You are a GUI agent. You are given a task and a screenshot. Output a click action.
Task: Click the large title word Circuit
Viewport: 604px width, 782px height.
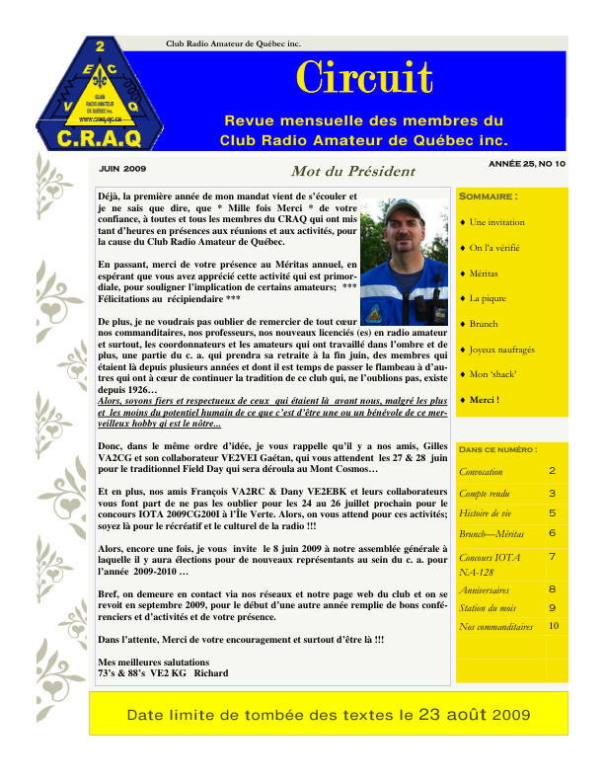tap(364, 79)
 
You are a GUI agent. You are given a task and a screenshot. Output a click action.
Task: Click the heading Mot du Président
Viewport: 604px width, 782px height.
tap(339, 171)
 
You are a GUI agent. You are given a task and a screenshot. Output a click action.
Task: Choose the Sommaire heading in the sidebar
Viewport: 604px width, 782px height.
tap(490, 195)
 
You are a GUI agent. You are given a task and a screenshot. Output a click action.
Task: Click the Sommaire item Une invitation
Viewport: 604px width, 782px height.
tap(497, 222)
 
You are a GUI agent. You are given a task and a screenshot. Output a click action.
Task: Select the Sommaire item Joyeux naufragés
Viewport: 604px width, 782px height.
tap(502, 350)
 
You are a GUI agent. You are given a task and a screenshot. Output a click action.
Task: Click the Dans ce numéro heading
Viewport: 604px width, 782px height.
tap(498, 449)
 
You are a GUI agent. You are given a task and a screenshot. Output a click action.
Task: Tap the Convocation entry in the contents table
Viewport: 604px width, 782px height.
tap(482, 472)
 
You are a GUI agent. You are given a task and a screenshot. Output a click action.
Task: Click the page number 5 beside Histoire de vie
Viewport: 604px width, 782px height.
tap(552, 513)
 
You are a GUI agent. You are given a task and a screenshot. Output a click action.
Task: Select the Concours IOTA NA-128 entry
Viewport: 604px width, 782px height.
tap(487, 564)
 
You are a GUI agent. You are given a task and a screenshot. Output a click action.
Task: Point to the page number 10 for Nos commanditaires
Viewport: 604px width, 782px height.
tap(554, 625)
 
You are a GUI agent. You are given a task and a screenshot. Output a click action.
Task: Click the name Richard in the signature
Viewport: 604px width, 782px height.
tap(211, 673)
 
